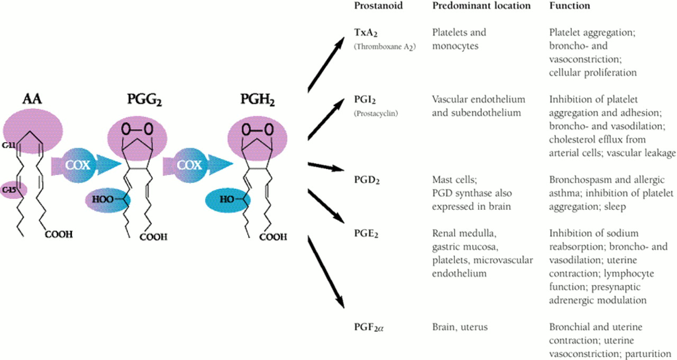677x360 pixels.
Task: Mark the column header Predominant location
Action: [481, 6]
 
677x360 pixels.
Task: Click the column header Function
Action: [569, 6]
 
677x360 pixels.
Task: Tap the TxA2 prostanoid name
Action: [366, 33]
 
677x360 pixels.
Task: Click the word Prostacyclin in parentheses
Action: [376, 113]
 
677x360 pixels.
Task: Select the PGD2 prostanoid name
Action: [367, 181]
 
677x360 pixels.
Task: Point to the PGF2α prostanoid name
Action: [369, 327]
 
